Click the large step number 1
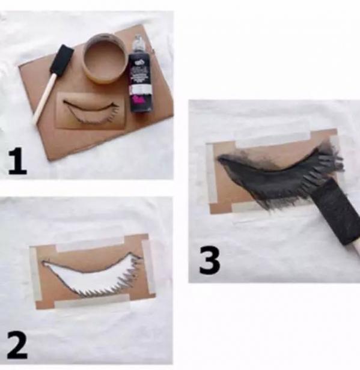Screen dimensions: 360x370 18,161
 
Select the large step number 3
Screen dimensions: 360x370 210,261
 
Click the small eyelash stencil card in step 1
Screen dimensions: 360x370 91,111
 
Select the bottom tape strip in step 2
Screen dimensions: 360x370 92,300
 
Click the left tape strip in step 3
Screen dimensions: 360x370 211,172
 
